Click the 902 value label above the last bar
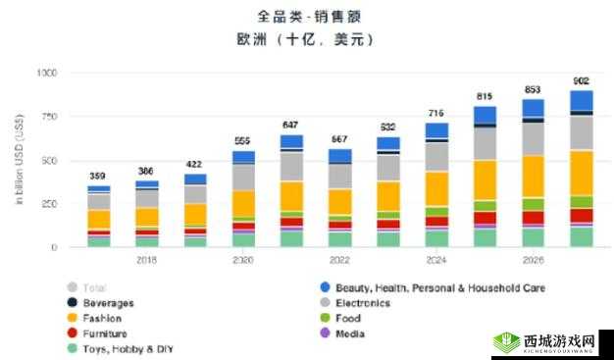click(x=581, y=80)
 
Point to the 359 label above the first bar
click(x=98, y=176)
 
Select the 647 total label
click(x=291, y=125)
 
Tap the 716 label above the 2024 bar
click(x=436, y=113)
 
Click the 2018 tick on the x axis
click(x=146, y=260)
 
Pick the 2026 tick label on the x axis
click(x=533, y=260)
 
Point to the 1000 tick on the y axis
click(x=47, y=74)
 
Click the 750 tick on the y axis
click(x=49, y=118)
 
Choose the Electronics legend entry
click(x=362, y=303)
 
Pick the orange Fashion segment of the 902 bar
click(x=582, y=173)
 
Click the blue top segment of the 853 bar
click(x=533, y=108)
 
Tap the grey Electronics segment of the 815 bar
click(x=485, y=143)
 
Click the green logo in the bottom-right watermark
click(x=507, y=342)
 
